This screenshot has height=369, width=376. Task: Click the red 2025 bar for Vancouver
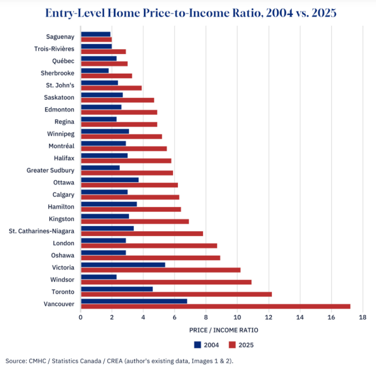tap(216, 306)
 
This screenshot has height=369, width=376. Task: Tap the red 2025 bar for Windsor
tap(166, 282)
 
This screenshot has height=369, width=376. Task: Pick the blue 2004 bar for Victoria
tap(123, 265)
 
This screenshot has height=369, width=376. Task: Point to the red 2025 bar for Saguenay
tap(96, 40)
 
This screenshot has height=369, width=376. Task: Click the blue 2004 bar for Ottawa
tap(110, 179)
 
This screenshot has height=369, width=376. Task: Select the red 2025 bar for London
tap(149, 246)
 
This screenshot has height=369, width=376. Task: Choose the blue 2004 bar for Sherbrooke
tap(95, 71)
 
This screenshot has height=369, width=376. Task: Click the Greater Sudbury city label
tap(51, 170)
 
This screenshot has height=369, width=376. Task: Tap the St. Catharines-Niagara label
tap(42, 231)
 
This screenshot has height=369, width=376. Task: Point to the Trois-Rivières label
tap(54, 49)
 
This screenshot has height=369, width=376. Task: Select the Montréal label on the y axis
tap(62, 146)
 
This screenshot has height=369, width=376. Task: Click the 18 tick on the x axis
tap(362, 317)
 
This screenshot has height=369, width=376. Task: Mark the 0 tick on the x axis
tap(81, 317)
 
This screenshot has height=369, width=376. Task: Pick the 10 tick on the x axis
tap(237, 317)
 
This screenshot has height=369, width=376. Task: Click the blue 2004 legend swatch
tap(197, 345)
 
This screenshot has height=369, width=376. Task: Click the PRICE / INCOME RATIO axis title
tap(223, 330)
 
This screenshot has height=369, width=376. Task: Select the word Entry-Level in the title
tap(84, 13)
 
